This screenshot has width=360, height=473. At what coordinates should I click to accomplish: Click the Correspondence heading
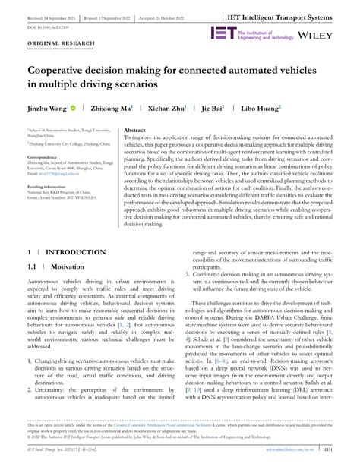tap(46, 158)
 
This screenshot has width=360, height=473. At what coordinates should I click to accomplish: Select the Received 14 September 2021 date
tap(46, 15)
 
